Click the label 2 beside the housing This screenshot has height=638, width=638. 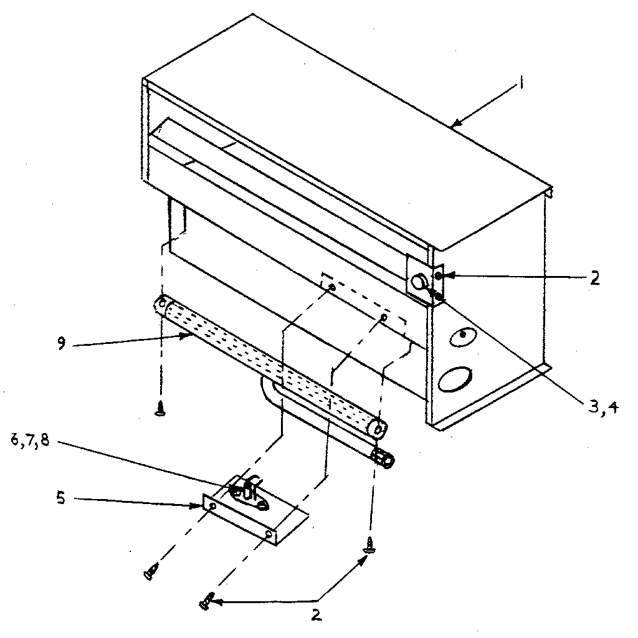[x=595, y=278]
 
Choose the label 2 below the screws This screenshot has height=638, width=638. [x=317, y=616]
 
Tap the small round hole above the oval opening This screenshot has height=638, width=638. [x=462, y=335]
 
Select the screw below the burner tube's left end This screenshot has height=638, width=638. [x=161, y=409]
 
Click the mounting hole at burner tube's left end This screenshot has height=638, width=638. [x=161, y=305]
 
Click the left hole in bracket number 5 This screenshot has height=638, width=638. [x=213, y=507]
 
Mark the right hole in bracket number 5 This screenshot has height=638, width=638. [x=268, y=534]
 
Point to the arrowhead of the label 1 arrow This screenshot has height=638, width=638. [x=453, y=126]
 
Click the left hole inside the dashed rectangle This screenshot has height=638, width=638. [x=331, y=288]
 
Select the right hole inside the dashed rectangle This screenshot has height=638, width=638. [x=383, y=318]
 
